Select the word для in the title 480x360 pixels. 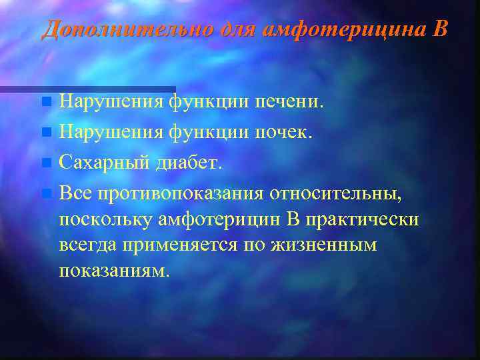pos(240,29)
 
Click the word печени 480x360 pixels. pos(289,102)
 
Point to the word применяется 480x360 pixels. pos(178,245)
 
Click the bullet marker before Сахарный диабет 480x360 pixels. pos(45,163)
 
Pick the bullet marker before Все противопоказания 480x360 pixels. pos(45,193)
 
